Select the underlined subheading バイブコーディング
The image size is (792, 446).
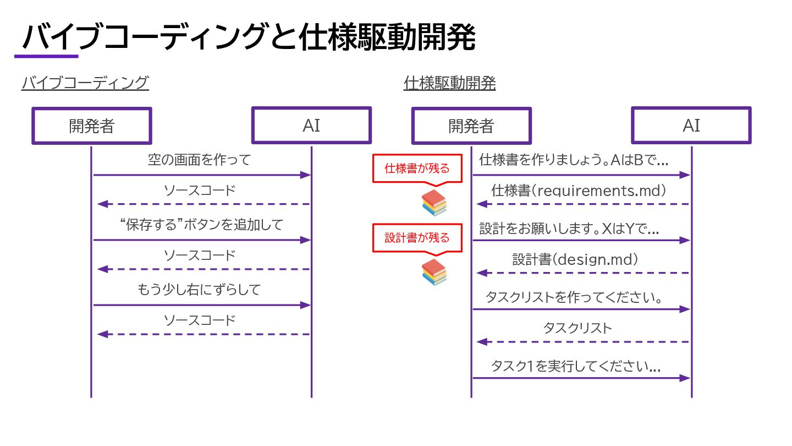coord(85,83)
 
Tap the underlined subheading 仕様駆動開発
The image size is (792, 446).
coord(449,83)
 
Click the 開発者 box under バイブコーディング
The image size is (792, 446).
coord(91,126)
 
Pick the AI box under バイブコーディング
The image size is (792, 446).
coord(311,126)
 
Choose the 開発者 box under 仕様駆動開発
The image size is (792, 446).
coord(471,126)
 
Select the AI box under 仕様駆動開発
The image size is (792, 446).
coord(691,126)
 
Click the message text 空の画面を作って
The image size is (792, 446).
coord(199,160)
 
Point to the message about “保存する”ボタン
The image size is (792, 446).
coord(201,225)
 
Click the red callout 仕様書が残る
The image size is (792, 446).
coord(417,168)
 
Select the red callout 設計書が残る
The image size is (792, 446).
coord(417,238)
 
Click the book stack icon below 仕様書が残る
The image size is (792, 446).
coord(434,203)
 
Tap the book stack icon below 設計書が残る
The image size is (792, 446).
coord(434,272)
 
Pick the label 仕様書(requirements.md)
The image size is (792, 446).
coord(579,191)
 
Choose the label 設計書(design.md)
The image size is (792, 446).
coord(575,259)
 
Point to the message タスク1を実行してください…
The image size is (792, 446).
coord(575,366)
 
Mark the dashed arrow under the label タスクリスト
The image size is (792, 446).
coord(583,342)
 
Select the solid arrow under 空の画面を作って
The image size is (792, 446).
coord(202,175)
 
